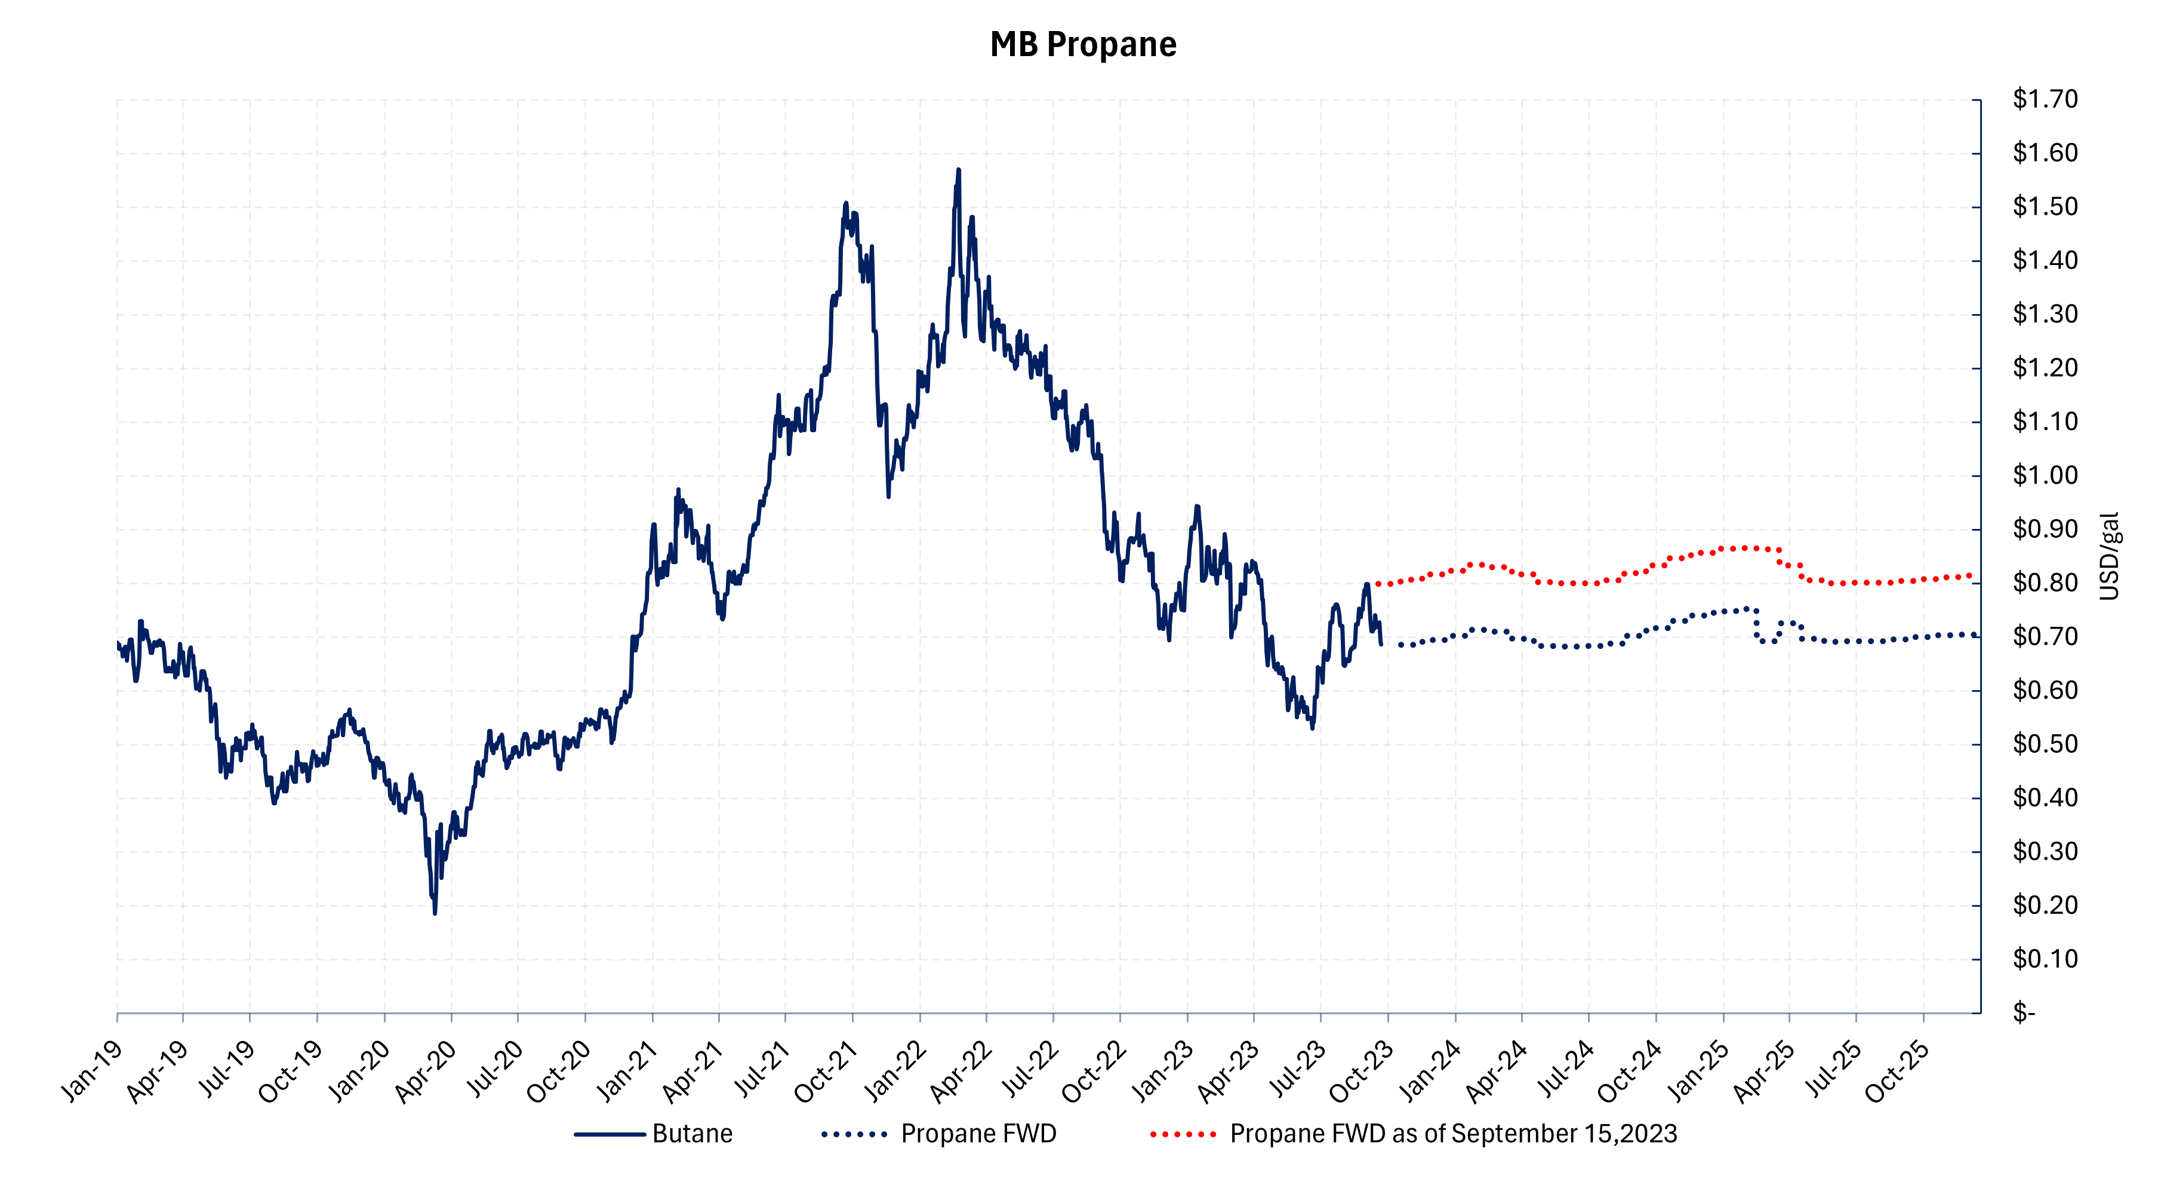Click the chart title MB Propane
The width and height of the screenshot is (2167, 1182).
click(x=1083, y=45)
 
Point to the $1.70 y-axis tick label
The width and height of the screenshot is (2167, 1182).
click(x=2044, y=99)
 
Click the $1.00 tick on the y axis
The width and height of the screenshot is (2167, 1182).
click(x=2044, y=475)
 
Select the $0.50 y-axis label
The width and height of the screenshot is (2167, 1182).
click(x=2044, y=744)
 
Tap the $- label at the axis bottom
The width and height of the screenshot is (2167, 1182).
click(x=2023, y=1013)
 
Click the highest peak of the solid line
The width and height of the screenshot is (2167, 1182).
click(x=958, y=170)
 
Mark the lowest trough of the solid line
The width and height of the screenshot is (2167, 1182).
click(x=435, y=913)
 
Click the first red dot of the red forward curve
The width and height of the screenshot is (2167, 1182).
click(x=1377, y=584)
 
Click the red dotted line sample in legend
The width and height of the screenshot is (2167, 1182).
click(x=1183, y=1134)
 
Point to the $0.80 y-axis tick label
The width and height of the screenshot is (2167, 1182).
click(x=2044, y=582)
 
